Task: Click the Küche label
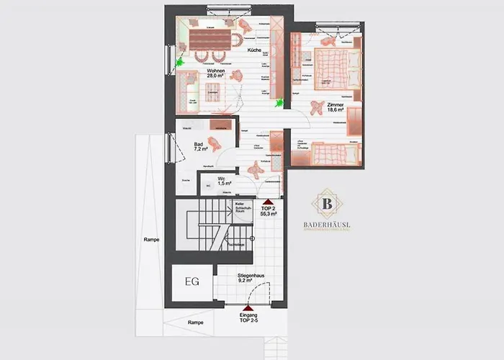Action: pyautogui.click(x=253, y=51)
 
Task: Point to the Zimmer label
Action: pyautogui.click(x=335, y=105)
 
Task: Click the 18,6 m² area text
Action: pyautogui.click(x=335, y=112)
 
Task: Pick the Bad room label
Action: pyautogui.click(x=198, y=144)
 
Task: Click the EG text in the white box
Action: pyautogui.click(x=192, y=281)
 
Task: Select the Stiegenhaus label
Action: pyautogui.click(x=249, y=275)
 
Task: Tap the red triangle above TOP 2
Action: pyautogui.click(x=268, y=202)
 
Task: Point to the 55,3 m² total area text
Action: pyautogui.click(x=269, y=215)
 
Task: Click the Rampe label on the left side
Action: pyautogui.click(x=150, y=240)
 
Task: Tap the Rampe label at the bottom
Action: pyautogui.click(x=194, y=323)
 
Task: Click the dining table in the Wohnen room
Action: pyautogui.click(x=210, y=37)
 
